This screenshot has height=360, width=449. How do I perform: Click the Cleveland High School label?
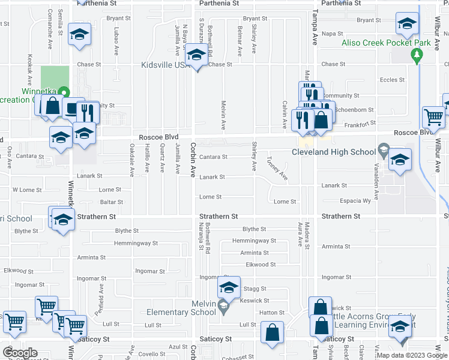334,152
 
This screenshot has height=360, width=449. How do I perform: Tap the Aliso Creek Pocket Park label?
378,43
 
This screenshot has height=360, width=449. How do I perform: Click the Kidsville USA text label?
164,65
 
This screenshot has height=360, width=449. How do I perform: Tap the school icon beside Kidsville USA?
196,56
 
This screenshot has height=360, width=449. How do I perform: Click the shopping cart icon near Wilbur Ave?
433,118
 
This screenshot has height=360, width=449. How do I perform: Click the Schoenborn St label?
355,110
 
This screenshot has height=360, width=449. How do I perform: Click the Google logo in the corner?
20,353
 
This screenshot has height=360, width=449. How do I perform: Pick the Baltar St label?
112,202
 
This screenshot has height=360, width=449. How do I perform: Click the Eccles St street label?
393,79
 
